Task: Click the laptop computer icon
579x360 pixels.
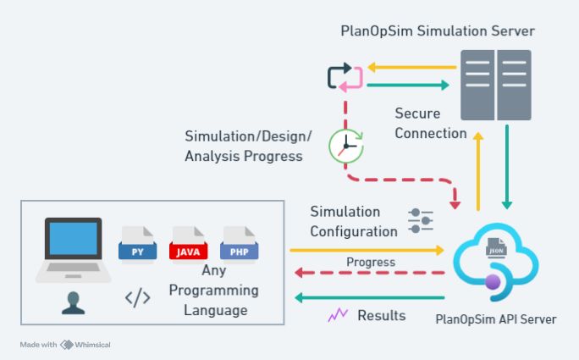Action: pyautogui.click(x=73, y=251)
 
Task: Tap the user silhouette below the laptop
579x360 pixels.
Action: pyautogui.click(x=74, y=302)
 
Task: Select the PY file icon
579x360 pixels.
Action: pyautogui.click(x=137, y=242)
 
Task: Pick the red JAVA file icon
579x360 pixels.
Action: pyautogui.click(x=188, y=242)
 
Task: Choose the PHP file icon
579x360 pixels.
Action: pyautogui.click(x=239, y=242)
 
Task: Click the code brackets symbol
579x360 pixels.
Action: pyautogui.click(x=137, y=297)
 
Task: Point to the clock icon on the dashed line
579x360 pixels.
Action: pyautogui.click(x=346, y=147)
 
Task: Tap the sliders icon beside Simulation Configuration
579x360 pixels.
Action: pyautogui.click(x=421, y=220)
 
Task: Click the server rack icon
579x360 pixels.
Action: pyautogui.click(x=495, y=85)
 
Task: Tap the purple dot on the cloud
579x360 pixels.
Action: pyautogui.click(x=492, y=281)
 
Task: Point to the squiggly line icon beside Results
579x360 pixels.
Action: pyautogui.click(x=339, y=315)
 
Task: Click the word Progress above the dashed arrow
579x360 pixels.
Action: pyautogui.click(x=371, y=262)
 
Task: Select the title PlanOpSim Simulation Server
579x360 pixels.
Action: pyautogui.click(x=438, y=31)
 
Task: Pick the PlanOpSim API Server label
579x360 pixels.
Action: pyautogui.click(x=495, y=319)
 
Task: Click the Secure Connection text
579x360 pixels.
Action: pyautogui.click(x=430, y=123)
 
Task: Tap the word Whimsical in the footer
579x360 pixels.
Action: pyautogui.click(x=92, y=345)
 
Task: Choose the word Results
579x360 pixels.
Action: pyautogui.click(x=382, y=315)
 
